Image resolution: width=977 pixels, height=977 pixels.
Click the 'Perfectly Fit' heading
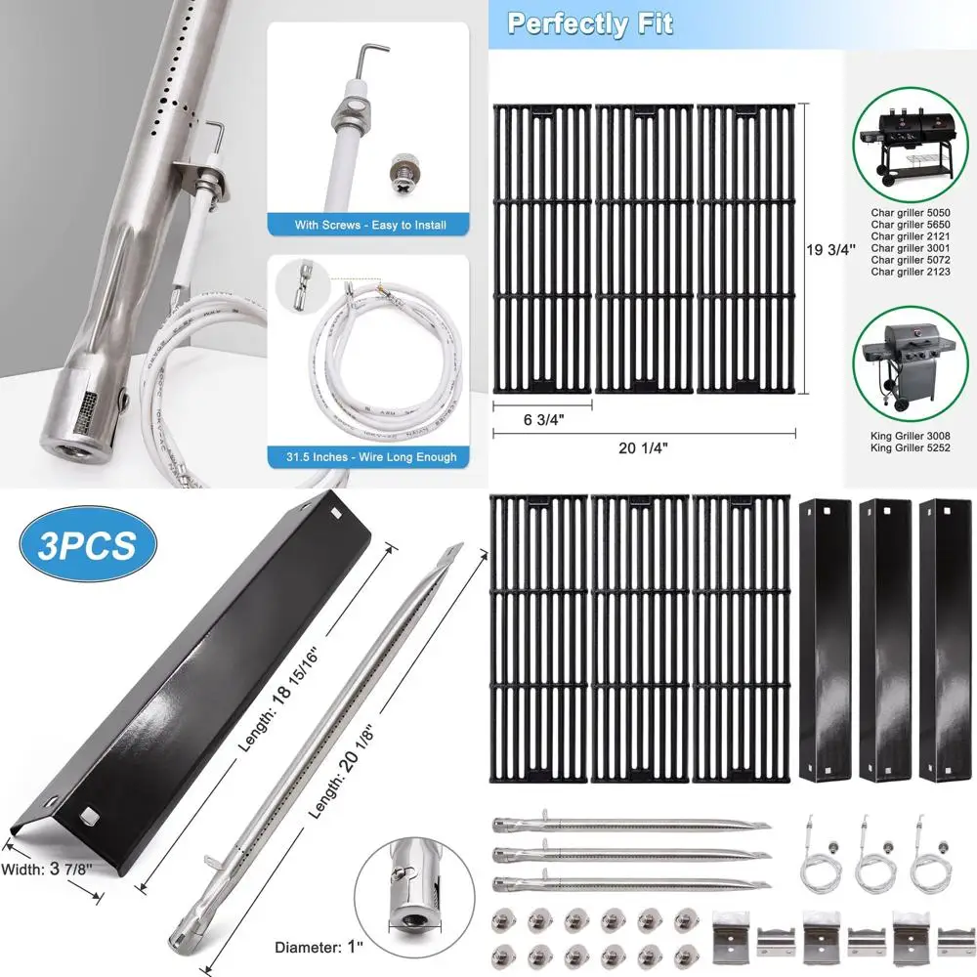pyautogui.click(x=589, y=23)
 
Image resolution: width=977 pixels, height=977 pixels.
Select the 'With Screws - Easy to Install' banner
pyautogui.click(x=370, y=225)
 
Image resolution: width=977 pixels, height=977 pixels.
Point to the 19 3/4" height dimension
pyautogui.click(x=831, y=249)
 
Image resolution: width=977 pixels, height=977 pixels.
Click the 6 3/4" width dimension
pyautogui.click(x=543, y=420)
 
